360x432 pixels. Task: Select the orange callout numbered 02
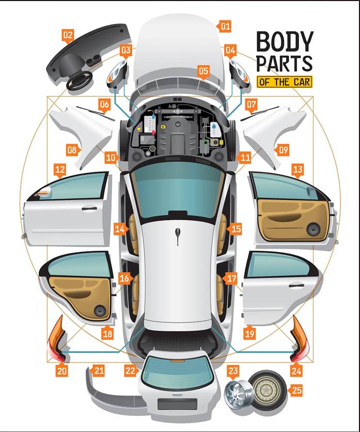pos(68,35)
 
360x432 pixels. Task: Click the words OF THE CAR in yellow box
pos(285,82)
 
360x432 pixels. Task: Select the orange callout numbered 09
pos(283,150)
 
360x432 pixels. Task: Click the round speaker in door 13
pos(314,229)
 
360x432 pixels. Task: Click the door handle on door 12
pos(89,209)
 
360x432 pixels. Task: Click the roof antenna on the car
pos(178,238)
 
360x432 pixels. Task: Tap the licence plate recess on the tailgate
pos(177,404)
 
